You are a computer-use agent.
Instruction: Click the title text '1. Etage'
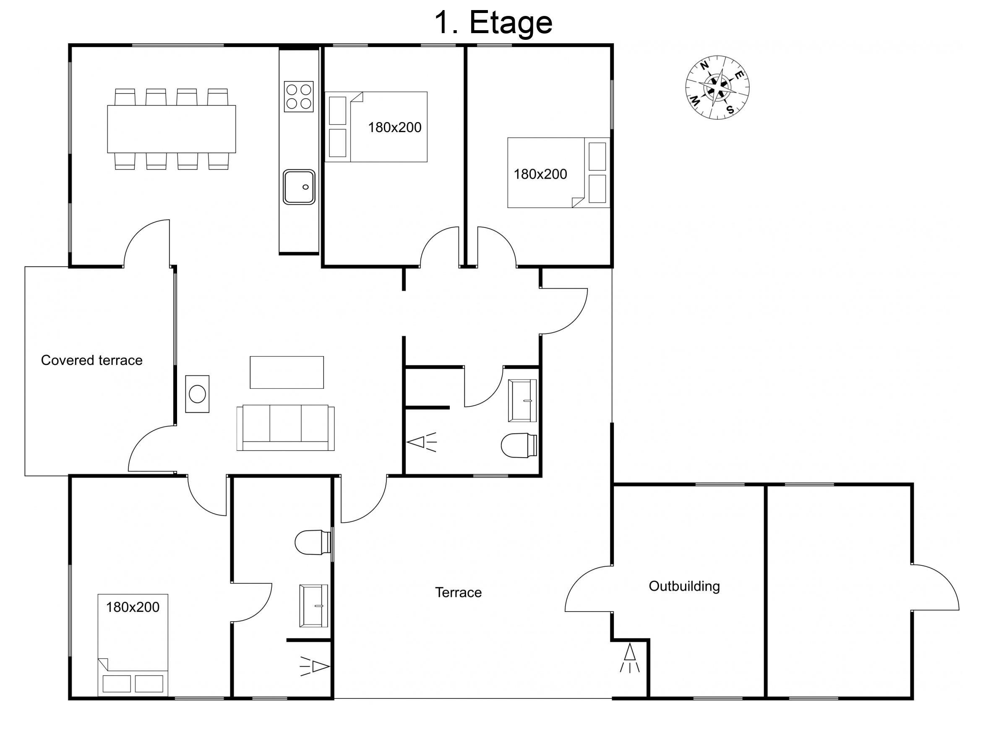click(x=493, y=22)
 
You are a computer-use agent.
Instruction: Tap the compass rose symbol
click(x=717, y=88)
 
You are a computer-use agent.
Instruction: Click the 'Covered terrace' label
click(x=91, y=360)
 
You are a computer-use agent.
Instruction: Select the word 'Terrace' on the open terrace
click(x=458, y=592)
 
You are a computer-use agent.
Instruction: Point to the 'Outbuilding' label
click(x=684, y=586)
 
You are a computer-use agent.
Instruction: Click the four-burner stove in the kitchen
click(x=299, y=96)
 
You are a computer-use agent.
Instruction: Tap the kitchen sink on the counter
click(x=299, y=187)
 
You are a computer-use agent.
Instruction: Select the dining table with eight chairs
click(x=171, y=129)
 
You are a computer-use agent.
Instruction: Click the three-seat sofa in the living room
click(x=285, y=428)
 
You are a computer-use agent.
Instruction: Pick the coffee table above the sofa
click(x=287, y=372)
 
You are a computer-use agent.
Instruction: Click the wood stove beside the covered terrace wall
click(x=197, y=394)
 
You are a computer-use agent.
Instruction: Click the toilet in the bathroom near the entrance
click(x=519, y=445)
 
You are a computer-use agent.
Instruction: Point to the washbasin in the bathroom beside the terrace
click(x=313, y=606)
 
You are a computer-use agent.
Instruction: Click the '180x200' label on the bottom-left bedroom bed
click(x=133, y=607)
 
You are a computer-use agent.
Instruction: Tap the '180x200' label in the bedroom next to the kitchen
click(x=394, y=128)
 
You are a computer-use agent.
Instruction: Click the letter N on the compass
click(x=704, y=66)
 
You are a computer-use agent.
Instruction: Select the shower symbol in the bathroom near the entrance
click(x=422, y=442)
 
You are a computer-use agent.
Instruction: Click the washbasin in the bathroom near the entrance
click(x=522, y=401)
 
